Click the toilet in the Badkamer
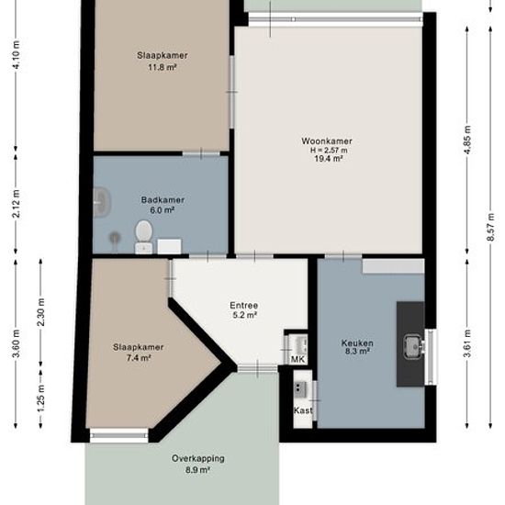(x=143, y=237)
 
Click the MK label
(x=297, y=359)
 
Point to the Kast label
(x=303, y=410)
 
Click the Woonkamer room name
(x=327, y=141)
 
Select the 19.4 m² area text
(x=329, y=159)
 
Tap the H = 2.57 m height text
(x=329, y=150)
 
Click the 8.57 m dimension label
(x=490, y=227)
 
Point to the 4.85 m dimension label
(x=467, y=140)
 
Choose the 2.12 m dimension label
(x=17, y=204)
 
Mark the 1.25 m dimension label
(x=41, y=398)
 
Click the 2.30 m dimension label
(x=41, y=312)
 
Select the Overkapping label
(x=198, y=458)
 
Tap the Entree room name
(x=244, y=306)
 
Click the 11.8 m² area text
(x=163, y=68)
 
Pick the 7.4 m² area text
(x=139, y=358)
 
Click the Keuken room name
(x=357, y=343)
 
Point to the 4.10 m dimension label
(x=17, y=54)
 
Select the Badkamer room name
(x=163, y=200)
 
